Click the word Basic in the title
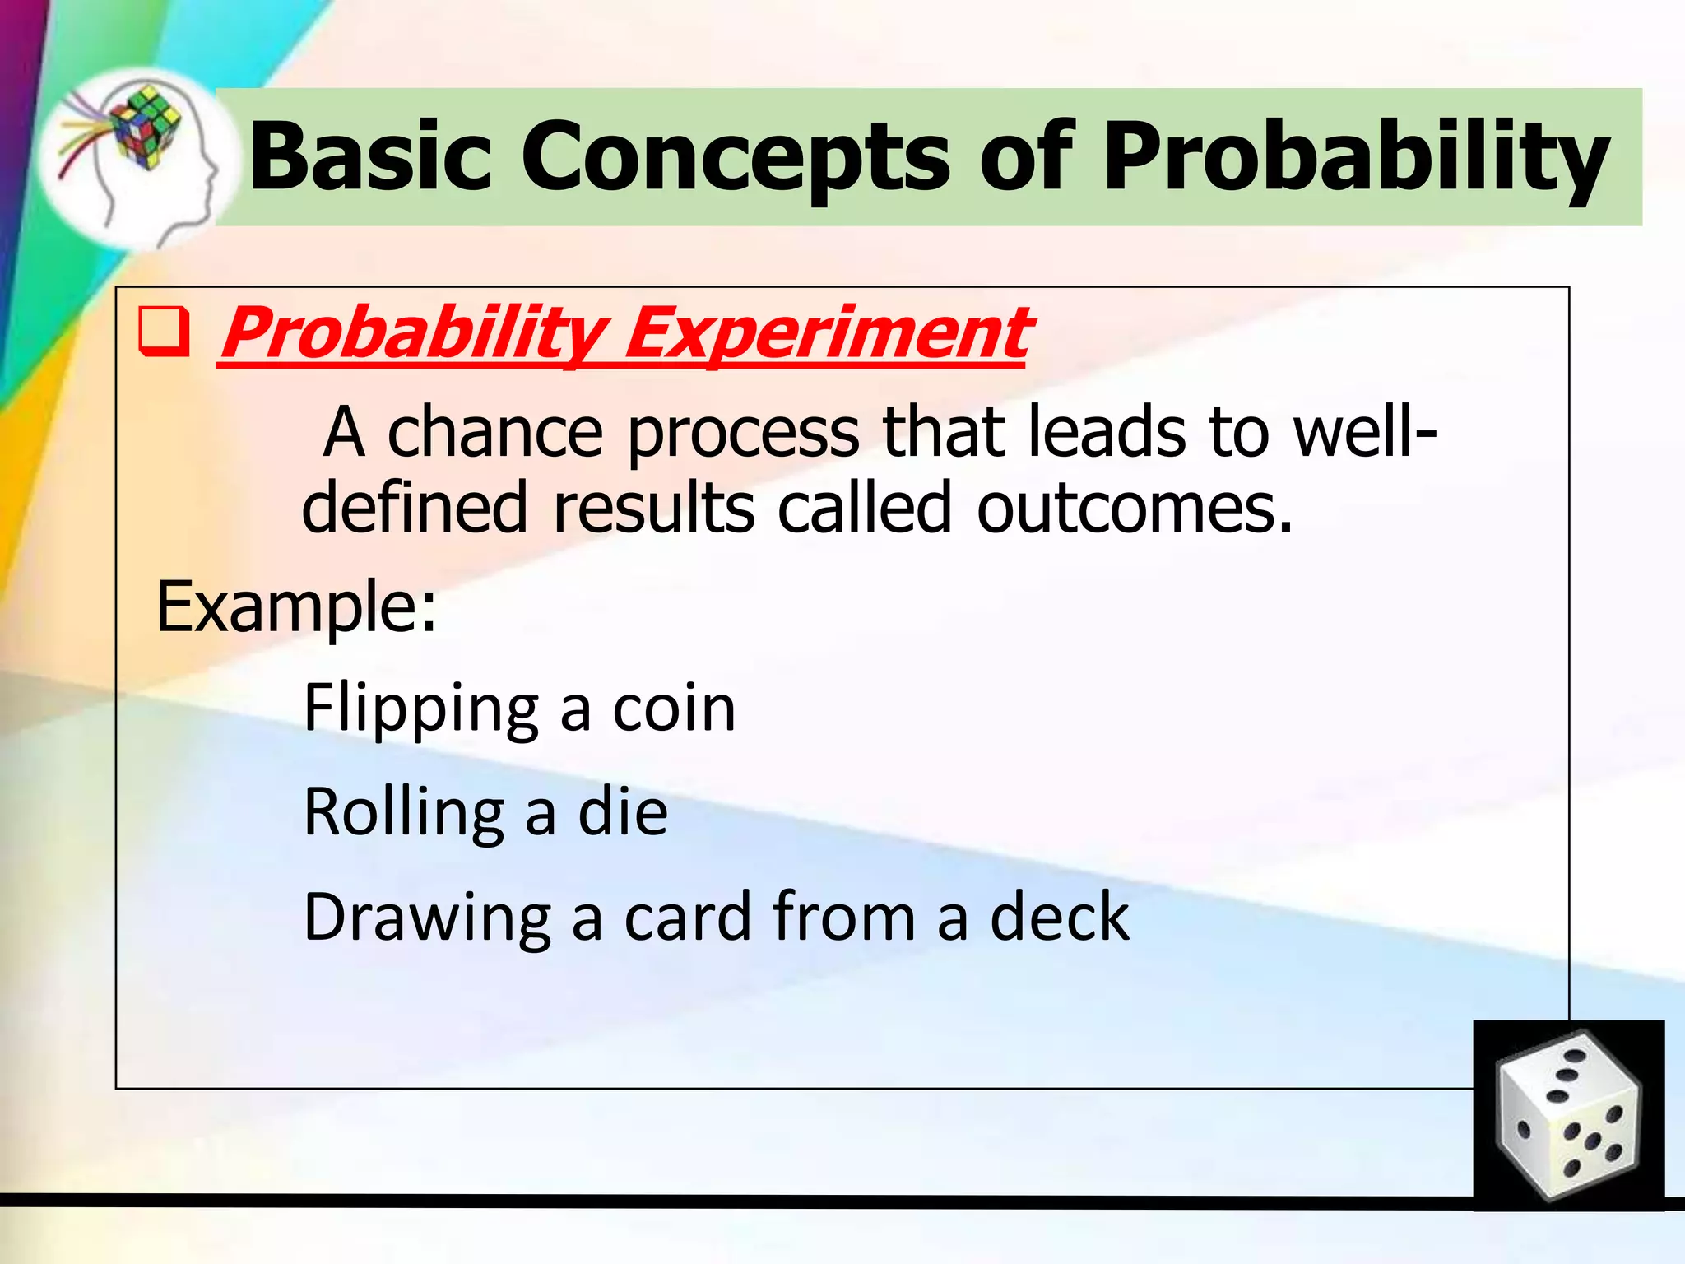coord(369,156)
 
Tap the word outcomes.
coord(1134,508)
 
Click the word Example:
coord(296,607)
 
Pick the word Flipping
coord(420,709)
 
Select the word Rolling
coord(403,813)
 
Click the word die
coord(623,813)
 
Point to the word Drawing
coord(427,917)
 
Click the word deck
coord(1059,917)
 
